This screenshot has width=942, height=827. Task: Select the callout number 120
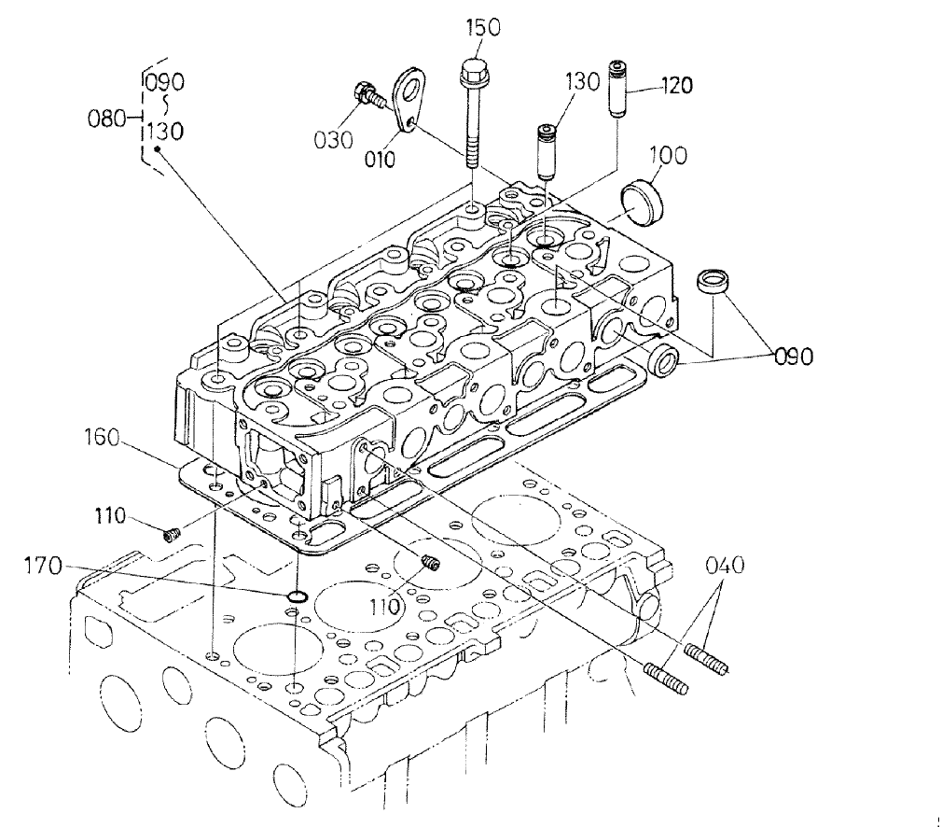pos(677,87)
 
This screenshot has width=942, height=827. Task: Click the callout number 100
pos(668,155)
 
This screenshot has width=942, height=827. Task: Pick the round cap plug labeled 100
pos(641,203)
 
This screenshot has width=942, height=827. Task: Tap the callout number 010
pos(379,160)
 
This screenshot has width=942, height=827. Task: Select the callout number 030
pos(333,140)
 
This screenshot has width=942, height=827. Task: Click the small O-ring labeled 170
pos(296,596)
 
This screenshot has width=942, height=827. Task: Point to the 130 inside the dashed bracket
pos(163,132)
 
